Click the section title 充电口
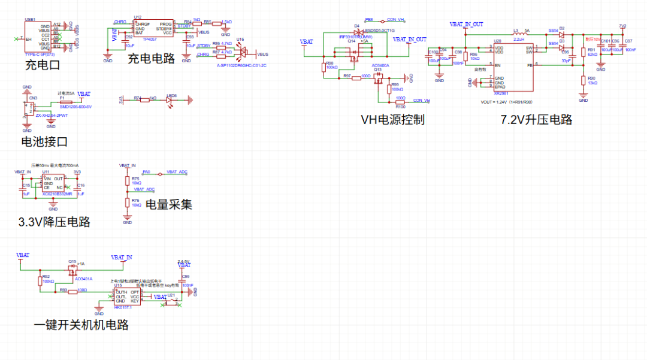(x=43, y=65)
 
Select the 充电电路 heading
(x=151, y=59)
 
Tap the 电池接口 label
(x=44, y=142)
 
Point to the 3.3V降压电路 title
(x=55, y=222)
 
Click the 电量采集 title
(x=169, y=204)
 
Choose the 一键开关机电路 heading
(x=81, y=325)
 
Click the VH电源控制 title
(x=392, y=119)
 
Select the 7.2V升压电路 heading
(x=536, y=119)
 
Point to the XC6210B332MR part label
(x=58, y=194)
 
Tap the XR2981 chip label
(x=500, y=93)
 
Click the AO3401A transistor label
(x=83, y=279)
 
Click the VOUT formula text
(x=506, y=102)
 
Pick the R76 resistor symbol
(x=127, y=204)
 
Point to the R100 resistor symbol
(x=400, y=102)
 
